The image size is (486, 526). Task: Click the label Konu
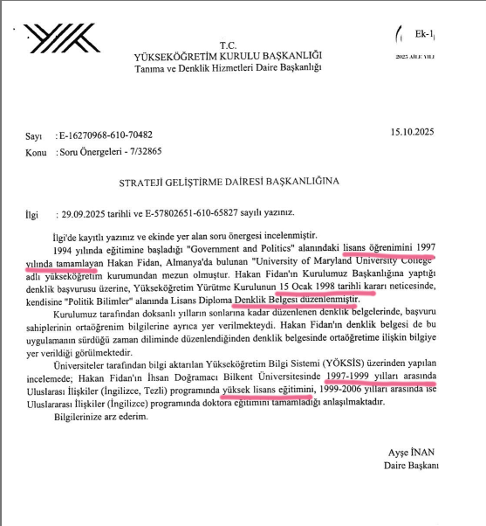(x=36, y=151)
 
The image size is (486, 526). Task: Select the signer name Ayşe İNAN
(x=412, y=453)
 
